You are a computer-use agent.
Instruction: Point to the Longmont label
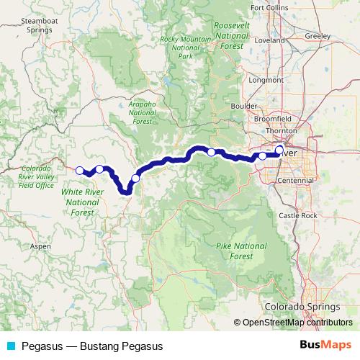(262, 80)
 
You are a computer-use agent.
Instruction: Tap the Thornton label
(281, 130)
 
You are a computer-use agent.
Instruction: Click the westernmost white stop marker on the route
(79, 171)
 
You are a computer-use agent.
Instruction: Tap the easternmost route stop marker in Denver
(279, 150)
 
